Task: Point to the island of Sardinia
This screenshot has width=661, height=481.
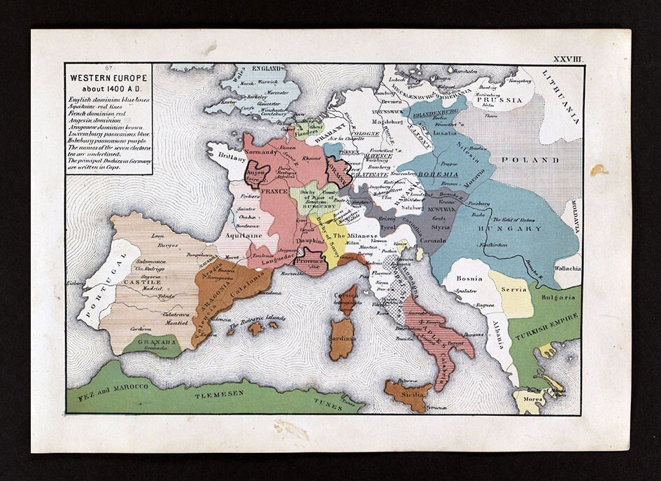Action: pyautogui.click(x=342, y=339)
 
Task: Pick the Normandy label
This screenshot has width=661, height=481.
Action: pyautogui.click(x=264, y=148)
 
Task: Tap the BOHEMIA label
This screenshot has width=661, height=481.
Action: pyautogui.click(x=438, y=172)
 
